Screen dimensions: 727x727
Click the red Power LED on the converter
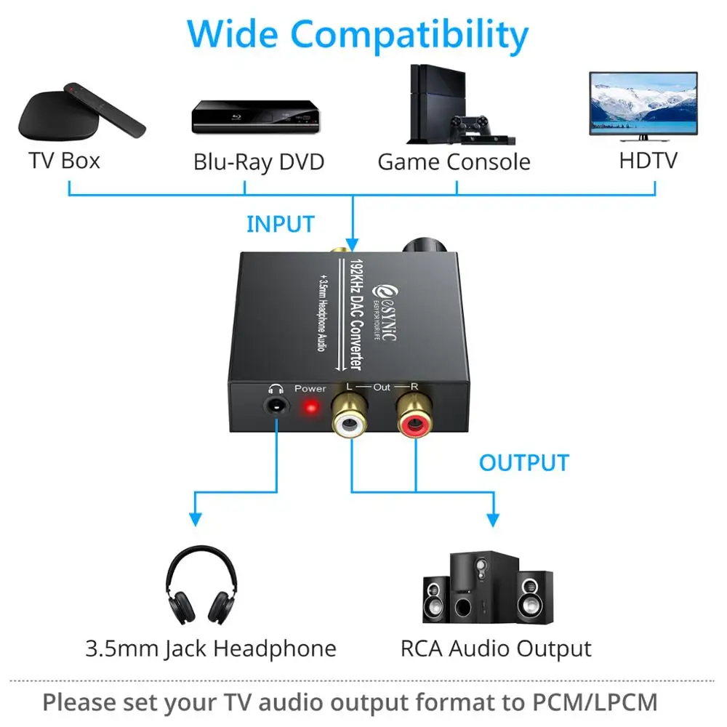point(310,407)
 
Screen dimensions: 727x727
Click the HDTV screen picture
point(643,106)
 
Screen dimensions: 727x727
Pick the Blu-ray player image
point(255,116)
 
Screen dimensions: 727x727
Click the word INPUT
point(280,224)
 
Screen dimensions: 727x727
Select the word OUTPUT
point(523,462)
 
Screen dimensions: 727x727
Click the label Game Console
point(454,161)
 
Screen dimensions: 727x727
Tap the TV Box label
point(64,160)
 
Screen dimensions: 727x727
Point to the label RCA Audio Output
point(496,648)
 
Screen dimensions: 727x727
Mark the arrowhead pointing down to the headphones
point(195,518)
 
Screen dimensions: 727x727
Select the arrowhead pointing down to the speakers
point(493,519)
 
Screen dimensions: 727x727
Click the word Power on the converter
point(310,389)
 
